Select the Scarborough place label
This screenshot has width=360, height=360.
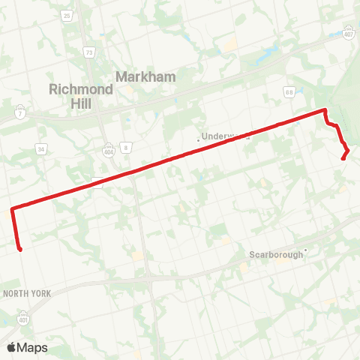point(276,254)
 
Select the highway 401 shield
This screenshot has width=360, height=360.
point(25,315)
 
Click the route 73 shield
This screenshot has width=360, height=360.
point(89,52)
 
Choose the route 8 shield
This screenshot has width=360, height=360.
point(127,147)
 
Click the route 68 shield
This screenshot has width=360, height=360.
point(288,92)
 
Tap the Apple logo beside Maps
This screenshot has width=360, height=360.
point(11,347)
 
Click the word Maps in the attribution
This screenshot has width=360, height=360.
point(32,347)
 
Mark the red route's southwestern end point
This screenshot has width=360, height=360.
point(20,249)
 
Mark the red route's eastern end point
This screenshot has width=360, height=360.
point(343,158)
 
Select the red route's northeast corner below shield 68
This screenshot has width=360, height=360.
point(325,111)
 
